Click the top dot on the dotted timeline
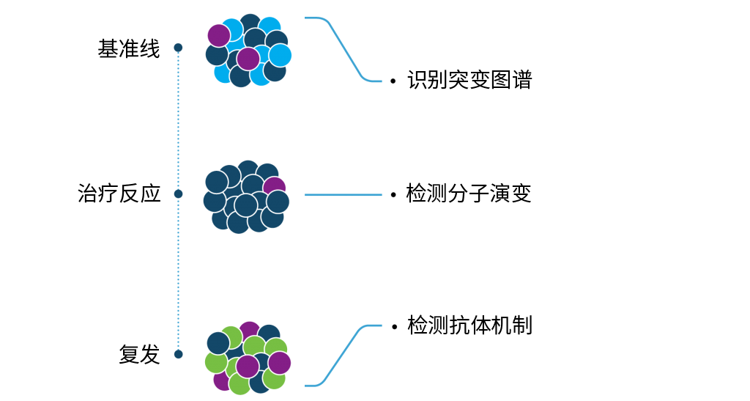click(x=178, y=48)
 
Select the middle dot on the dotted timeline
click(x=178, y=194)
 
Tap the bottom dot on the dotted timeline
click(x=178, y=354)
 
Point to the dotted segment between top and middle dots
click(x=178, y=121)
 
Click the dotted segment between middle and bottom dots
click(x=178, y=275)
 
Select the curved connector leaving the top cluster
click(x=344, y=50)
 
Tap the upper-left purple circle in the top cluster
click(x=219, y=35)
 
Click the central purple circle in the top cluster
click(x=248, y=59)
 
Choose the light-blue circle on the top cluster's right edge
click(x=281, y=55)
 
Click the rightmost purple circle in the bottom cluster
click(x=280, y=363)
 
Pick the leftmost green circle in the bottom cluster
click(x=215, y=362)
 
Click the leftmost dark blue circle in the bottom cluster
click(x=218, y=342)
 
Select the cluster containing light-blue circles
click(x=248, y=51)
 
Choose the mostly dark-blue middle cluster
click(x=246, y=197)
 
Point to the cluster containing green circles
click(x=248, y=358)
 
